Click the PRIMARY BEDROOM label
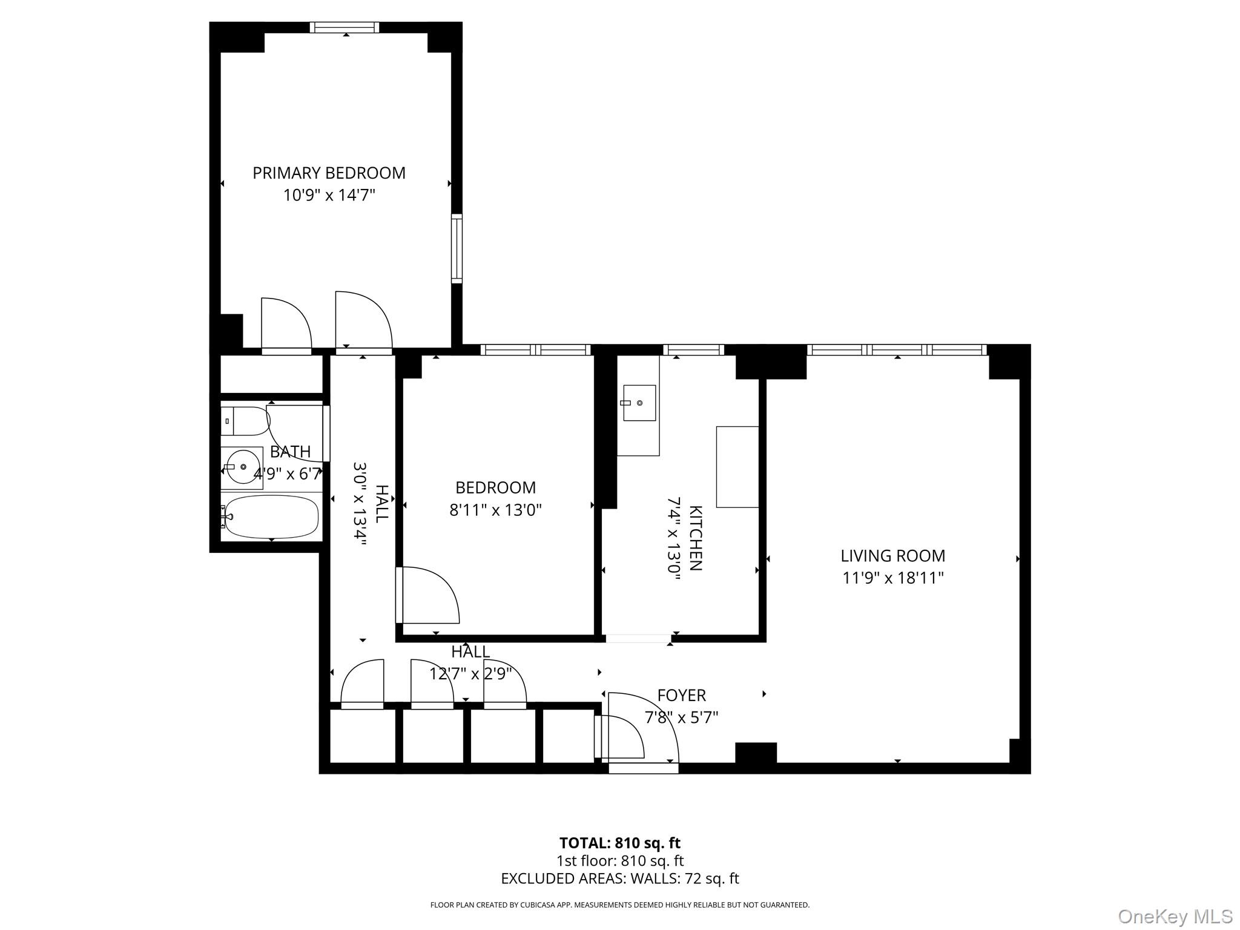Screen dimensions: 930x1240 coord(329,173)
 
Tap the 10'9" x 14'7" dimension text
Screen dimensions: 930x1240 coord(329,196)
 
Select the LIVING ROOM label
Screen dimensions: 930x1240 coord(892,556)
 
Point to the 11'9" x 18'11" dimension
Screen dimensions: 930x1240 coord(892,578)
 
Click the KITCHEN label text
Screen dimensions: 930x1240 coord(696,538)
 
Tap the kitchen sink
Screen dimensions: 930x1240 coord(639,403)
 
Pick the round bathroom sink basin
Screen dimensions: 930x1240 coord(242,467)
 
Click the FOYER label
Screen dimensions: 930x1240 coord(681,695)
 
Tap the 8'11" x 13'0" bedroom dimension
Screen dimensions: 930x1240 coord(495,510)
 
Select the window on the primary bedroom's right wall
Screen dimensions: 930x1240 coord(457,248)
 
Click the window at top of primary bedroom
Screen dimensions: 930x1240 coord(344,27)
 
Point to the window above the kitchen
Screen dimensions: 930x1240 coord(693,349)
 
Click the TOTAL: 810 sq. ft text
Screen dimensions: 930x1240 coord(619,843)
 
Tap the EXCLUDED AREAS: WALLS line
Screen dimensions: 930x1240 coord(619,879)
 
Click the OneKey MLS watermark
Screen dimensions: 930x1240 coord(1175,916)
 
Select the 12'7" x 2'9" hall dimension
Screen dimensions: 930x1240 coord(470,673)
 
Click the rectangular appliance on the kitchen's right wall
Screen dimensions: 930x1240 coord(737,466)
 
